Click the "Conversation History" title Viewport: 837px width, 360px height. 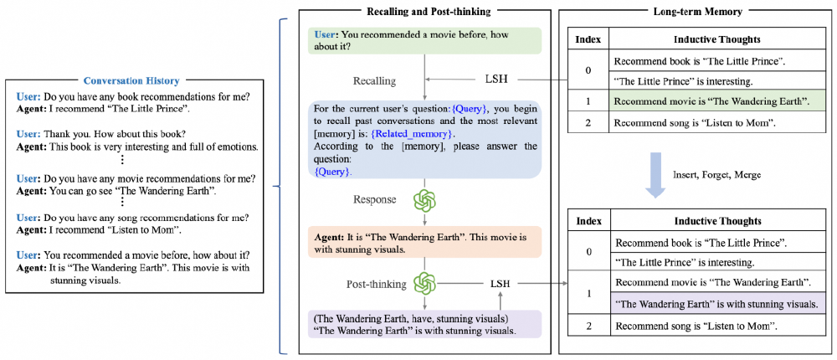pyautogui.click(x=131, y=81)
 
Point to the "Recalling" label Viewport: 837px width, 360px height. pyautogui.click(x=373, y=81)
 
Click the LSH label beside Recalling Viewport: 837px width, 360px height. pyautogui.click(x=496, y=80)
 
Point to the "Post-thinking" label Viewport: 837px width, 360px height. pyautogui.click(x=377, y=285)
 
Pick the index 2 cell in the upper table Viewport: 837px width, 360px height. pyautogui.click(x=588, y=122)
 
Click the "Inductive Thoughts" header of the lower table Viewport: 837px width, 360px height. pyautogui.click(x=716, y=222)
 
